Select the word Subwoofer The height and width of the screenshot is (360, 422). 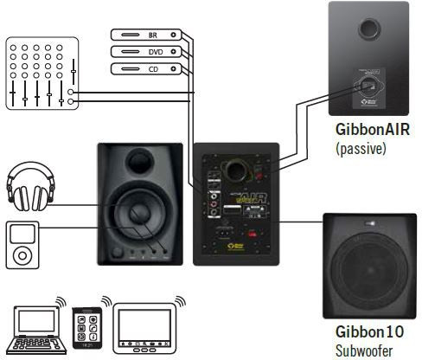(364, 350)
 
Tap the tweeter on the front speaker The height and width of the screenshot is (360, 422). (140, 161)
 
